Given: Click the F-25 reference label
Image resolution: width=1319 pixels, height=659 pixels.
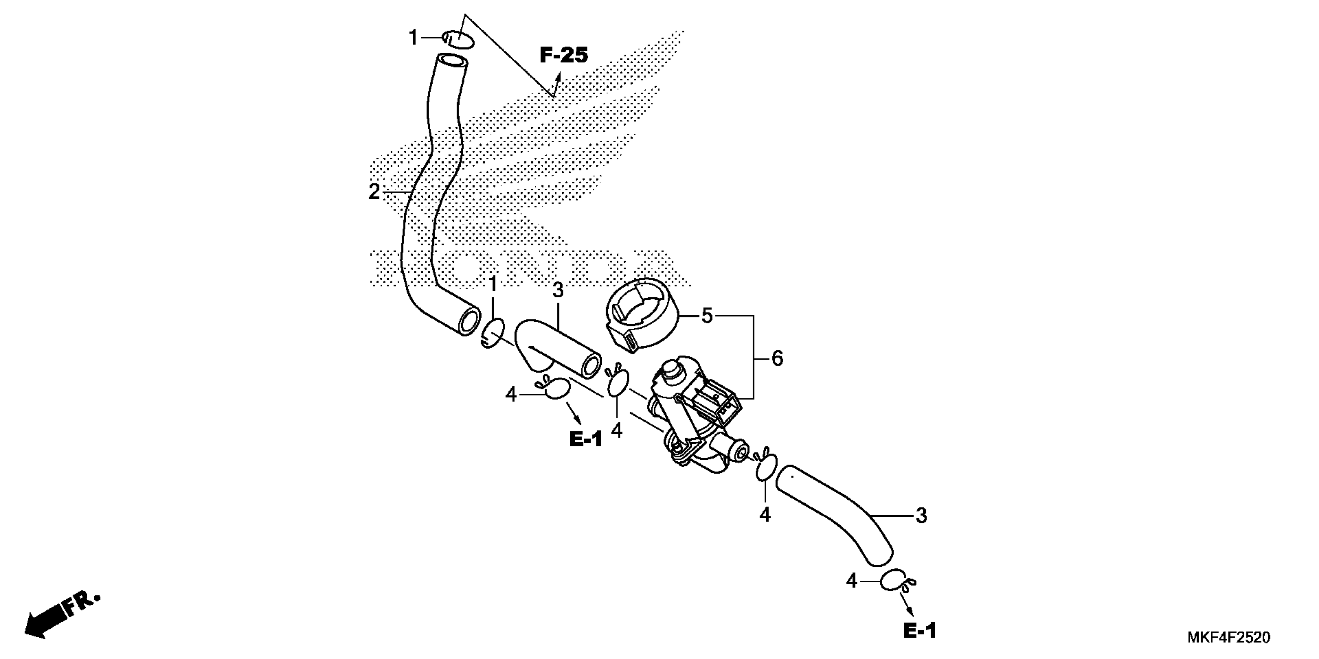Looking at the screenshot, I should (564, 55).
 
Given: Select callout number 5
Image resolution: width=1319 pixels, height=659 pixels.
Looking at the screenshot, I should (706, 316).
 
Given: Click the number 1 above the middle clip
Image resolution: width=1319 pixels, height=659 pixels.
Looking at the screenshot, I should (493, 285).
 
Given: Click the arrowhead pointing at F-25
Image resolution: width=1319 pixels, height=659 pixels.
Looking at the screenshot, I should (558, 77).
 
